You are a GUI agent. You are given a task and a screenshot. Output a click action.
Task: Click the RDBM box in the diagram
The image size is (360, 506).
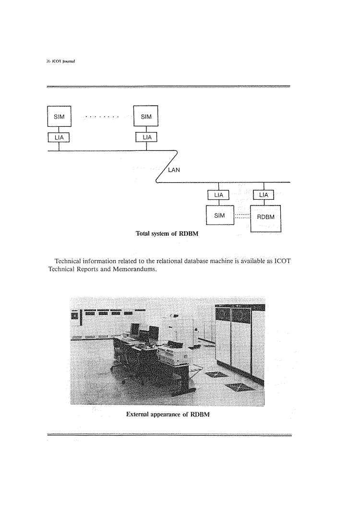click(x=265, y=218)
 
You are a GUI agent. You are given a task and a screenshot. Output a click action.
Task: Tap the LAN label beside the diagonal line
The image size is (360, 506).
click(x=174, y=170)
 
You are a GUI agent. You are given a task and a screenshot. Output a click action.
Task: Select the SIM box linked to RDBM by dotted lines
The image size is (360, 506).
click(x=220, y=215)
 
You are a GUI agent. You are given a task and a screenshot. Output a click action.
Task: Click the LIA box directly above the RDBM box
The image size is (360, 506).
click(x=264, y=195)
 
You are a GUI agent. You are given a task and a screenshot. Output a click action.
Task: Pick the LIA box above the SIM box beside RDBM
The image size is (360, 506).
click(x=218, y=195)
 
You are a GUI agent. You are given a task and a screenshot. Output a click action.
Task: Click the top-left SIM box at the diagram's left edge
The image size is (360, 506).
click(x=59, y=116)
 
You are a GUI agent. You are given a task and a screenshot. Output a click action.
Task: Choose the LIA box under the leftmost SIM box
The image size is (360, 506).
click(x=59, y=137)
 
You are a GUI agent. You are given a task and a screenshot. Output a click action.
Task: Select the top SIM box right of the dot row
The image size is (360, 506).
click(x=146, y=116)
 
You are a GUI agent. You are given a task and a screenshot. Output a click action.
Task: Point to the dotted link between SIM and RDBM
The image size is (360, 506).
click(x=242, y=216)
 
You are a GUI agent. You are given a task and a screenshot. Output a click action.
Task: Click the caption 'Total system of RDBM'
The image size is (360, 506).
click(x=167, y=233)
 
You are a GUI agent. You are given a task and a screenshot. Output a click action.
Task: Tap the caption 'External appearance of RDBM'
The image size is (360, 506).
click(x=168, y=414)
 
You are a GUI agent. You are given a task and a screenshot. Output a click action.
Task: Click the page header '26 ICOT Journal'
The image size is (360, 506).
click(x=60, y=61)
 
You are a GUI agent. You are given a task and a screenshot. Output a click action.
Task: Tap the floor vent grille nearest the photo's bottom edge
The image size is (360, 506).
click(x=239, y=387)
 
